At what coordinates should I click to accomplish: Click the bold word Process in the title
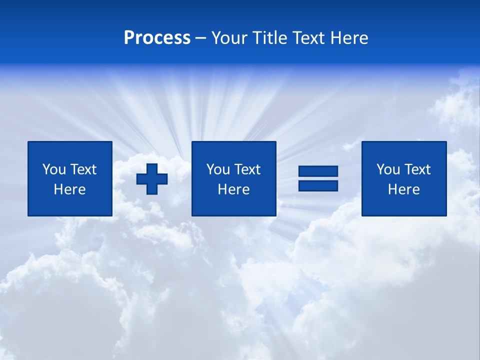[157, 38]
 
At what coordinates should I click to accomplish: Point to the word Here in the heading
[349, 38]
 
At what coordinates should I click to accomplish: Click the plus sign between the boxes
[152, 179]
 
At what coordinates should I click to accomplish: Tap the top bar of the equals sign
[318, 171]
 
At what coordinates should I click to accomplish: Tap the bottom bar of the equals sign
[318, 185]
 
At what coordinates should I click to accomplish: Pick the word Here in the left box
[69, 189]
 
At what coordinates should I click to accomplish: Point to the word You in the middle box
[217, 169]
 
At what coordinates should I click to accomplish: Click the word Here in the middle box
[233, 189]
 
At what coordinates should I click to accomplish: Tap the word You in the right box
[387, 169]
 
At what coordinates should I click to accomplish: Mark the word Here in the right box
[403, 189]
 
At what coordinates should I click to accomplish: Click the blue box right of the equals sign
[403, 205]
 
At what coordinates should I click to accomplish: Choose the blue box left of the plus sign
[69, 205]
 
